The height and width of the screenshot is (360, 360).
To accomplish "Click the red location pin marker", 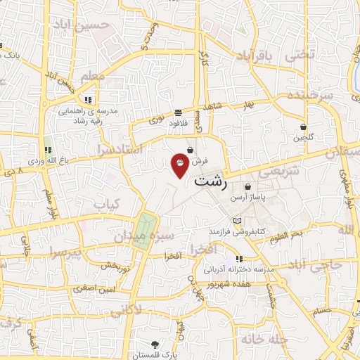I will tap(181, 163).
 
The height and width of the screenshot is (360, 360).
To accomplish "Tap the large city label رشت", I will tap(210, 182).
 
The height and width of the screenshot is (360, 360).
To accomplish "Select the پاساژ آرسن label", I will tap(248, 198).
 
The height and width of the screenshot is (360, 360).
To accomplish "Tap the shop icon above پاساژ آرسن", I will tap(247, 186).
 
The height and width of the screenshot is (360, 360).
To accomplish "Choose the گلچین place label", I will tap(303, 138).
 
